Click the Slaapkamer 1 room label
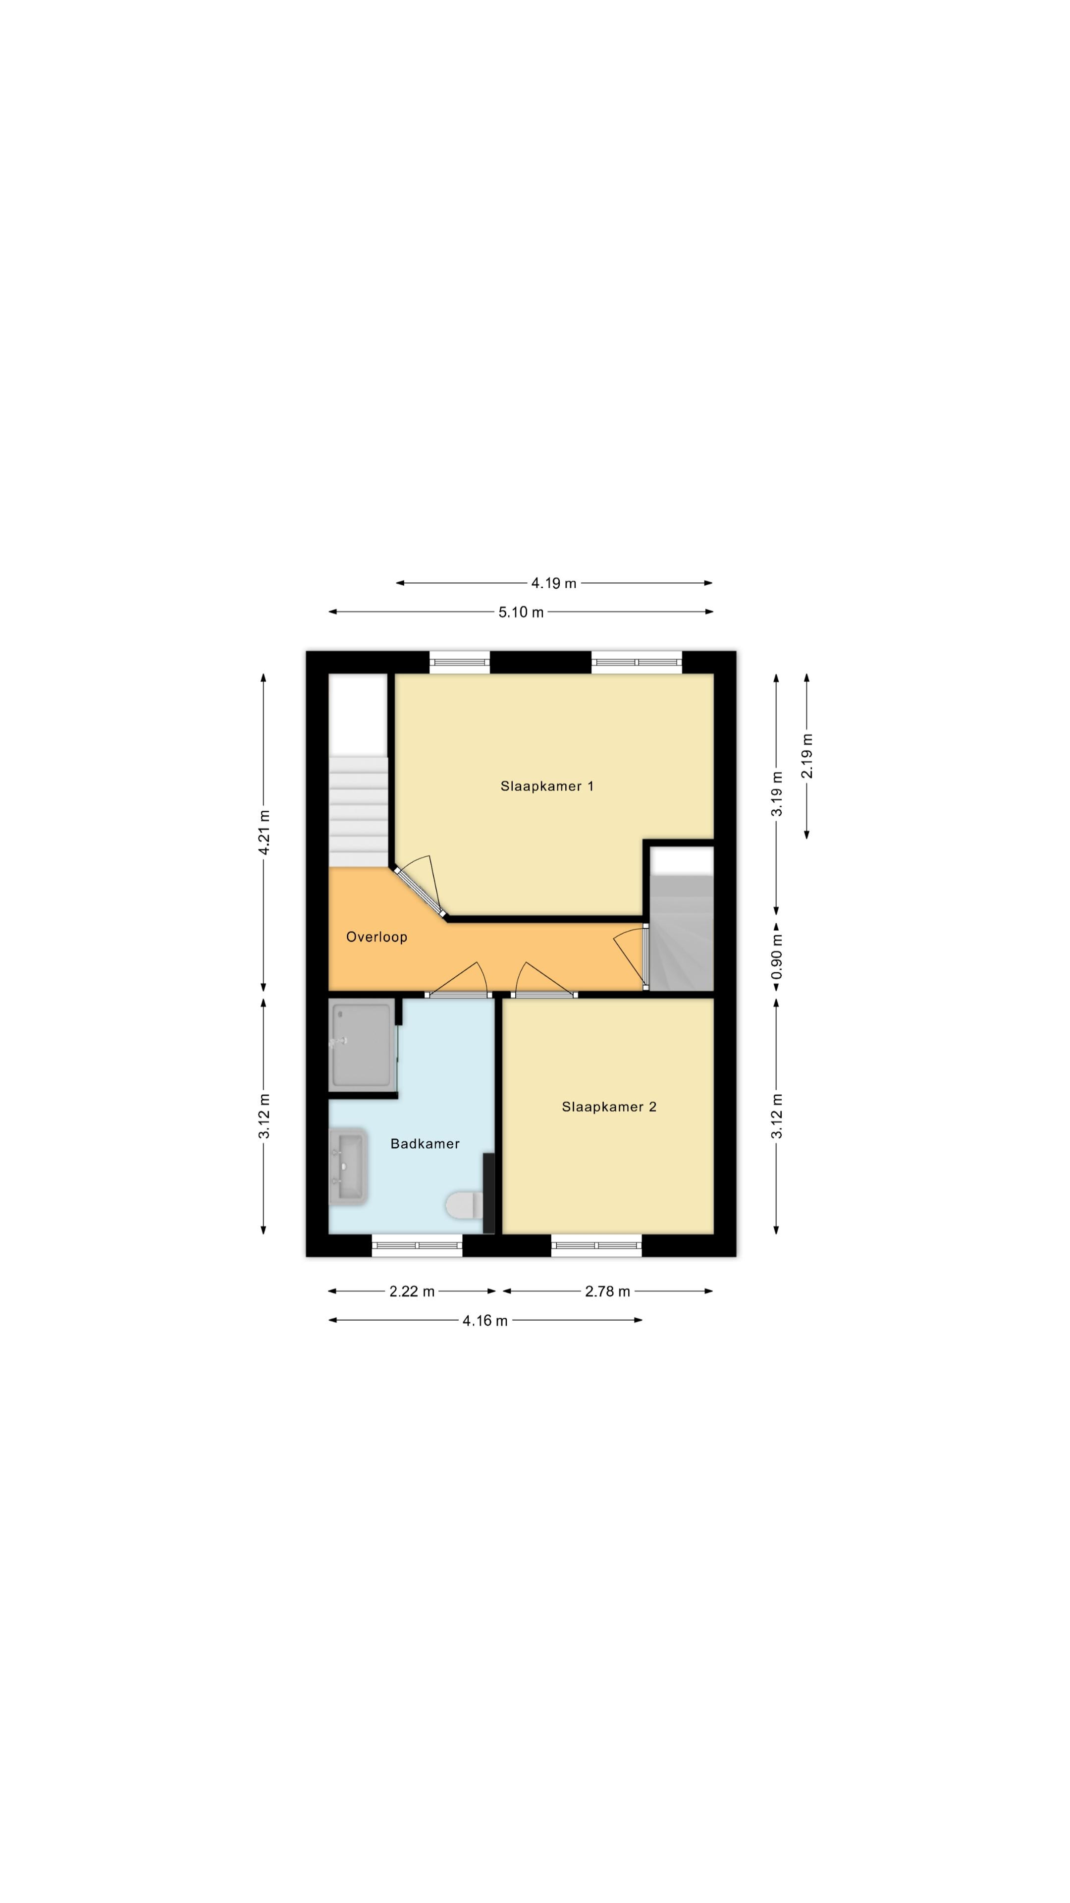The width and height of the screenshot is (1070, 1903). click(x=546, y=786)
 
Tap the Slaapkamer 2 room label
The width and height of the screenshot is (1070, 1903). click(x=608, y=1107)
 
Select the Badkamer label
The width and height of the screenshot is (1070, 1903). click(x=425, y=1144)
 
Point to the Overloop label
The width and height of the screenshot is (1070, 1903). click(x=376, y=937)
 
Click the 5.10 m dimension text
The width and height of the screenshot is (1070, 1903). click(x=521, y=612)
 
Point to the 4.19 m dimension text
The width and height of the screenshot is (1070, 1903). click(x=554, y=583)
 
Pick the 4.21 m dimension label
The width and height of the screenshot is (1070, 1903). click(x=264, y=833)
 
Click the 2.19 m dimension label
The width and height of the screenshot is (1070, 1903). click(x=806, y=756)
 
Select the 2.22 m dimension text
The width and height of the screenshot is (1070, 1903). click(x=412, y=1291)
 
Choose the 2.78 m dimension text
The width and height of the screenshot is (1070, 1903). click(x=608, y=1291)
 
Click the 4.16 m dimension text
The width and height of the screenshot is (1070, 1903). click(x=485, y=1320)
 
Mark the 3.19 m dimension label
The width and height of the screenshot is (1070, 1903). click(x=776, y=794)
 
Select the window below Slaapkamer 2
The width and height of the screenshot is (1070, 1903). click(x=596, y=1245)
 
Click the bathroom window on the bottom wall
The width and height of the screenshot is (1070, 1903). click(x=417, y=1245)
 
